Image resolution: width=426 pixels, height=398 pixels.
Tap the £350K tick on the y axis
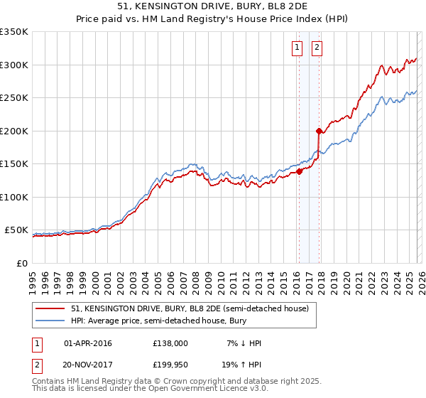point(14,32)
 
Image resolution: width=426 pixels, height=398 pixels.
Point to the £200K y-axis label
point(14,131)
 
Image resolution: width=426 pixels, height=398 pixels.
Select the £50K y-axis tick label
point(16,230)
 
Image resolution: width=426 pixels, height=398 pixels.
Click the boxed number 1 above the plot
point(296,48)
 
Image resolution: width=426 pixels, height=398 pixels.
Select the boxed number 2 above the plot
point(317,48)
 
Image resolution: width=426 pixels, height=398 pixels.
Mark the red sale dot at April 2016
point(299,171)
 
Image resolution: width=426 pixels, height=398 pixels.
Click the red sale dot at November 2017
point(319,131)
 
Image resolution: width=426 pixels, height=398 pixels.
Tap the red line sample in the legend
point(50,309)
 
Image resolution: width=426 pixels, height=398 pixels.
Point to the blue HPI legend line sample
point(50,321)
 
